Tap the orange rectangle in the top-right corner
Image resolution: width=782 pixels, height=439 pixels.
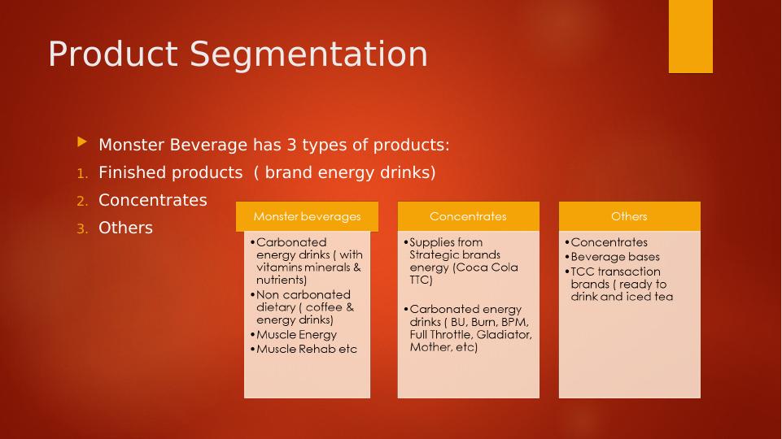690,36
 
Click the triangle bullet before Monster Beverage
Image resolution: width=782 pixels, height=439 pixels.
81,142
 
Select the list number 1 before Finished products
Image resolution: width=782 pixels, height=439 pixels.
81,173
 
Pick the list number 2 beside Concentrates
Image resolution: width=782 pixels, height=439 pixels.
81,201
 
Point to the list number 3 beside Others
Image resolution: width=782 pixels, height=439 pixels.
81,228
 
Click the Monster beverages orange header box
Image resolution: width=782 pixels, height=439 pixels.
307,216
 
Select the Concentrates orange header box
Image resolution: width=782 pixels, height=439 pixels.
468,216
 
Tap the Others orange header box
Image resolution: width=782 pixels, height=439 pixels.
629,216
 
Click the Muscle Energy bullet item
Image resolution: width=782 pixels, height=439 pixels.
295,334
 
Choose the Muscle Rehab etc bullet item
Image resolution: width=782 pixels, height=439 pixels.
306,349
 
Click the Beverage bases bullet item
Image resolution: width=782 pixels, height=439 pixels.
614,257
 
